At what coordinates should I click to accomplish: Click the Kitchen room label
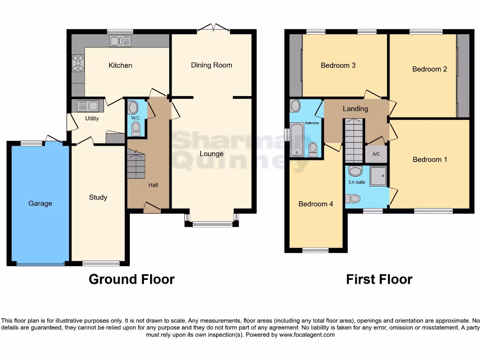coord(120,65)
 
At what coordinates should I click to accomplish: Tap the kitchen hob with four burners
coord(78,63)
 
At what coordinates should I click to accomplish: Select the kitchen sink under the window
coord(120,41)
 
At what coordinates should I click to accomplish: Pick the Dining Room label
coord(211,65)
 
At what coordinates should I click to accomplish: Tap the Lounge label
coord(211,154)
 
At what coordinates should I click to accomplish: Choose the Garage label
coord(40,203)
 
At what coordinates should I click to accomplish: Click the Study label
coord(98,197)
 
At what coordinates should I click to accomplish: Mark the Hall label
coord(153,185)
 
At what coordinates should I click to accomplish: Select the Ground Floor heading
coord(132,279)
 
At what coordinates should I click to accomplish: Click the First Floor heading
coord(379,279)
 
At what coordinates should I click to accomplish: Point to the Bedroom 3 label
coord(338,65)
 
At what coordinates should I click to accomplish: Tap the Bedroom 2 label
coord(429,69)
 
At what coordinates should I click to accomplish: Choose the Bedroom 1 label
coord(430,159)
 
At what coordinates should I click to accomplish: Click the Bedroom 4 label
coord(316,204)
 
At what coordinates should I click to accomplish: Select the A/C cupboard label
coord(376,154)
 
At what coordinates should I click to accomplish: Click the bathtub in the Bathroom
coord(297,139)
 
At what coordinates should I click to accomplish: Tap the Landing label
coord(355,109)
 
